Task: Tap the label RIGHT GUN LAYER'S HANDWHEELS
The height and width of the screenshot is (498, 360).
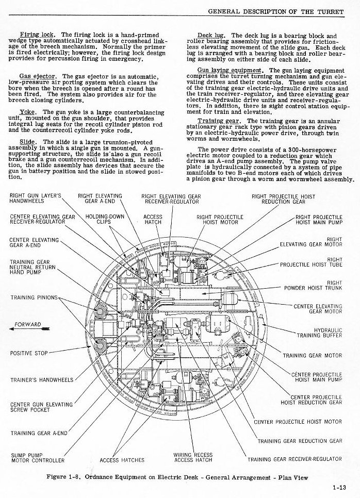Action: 35,198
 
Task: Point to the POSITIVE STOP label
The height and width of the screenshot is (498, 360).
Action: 29,354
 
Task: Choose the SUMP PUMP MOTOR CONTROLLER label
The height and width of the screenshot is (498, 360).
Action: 38,457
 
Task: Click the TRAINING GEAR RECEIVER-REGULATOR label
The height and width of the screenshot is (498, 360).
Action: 294,459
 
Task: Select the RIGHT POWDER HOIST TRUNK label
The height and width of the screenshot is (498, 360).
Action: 313,286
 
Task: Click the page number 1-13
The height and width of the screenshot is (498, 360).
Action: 339,487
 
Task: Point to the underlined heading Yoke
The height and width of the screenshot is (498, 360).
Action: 27,112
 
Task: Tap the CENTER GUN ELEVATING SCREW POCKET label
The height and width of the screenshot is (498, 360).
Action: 41,407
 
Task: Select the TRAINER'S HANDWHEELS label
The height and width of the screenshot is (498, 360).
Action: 42,380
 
